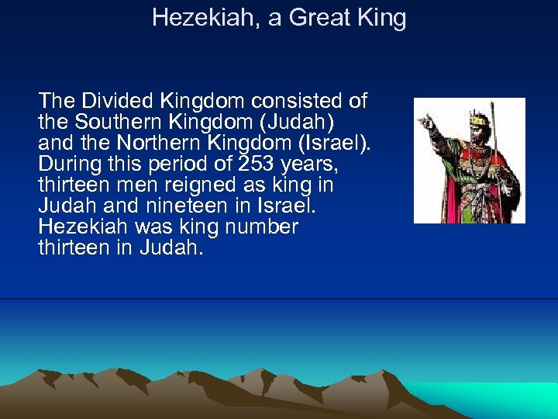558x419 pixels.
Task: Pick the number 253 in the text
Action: point(219,164)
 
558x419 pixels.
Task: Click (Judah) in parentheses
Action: point(307,122)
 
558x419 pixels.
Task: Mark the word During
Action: point(70,164)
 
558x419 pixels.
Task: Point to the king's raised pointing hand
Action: point(425,122)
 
